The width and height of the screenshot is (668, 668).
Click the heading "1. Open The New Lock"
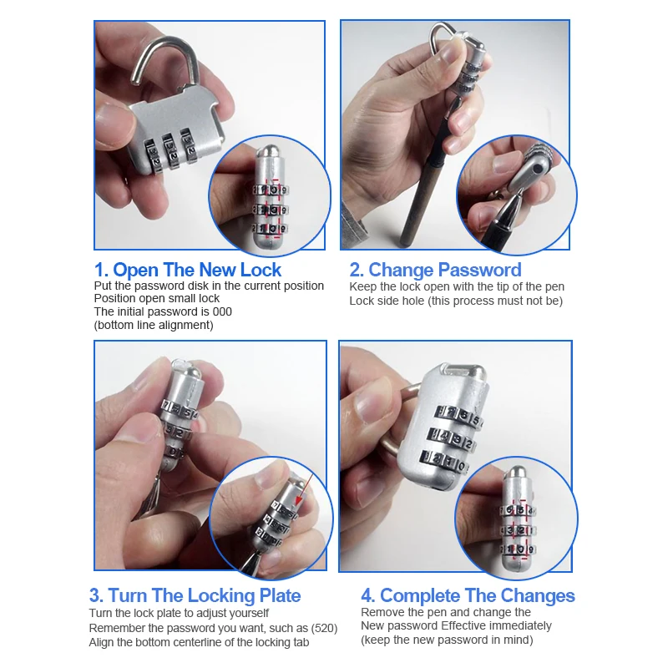pos(187,270)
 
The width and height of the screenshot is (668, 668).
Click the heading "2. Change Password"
pos(435,270)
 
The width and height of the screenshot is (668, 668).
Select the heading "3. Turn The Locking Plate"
pos(195,595)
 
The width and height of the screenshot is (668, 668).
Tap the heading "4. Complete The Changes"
pos(468,595)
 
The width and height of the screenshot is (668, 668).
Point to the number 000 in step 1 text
pos(222,311)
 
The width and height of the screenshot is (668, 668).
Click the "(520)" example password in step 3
pos(324,629)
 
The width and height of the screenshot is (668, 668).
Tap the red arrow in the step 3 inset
pos(305,490)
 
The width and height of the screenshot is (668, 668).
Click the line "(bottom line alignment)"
pos(154,325)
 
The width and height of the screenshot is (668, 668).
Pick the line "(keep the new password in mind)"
pos(447,640)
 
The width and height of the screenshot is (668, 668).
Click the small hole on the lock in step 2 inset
pos(538,170)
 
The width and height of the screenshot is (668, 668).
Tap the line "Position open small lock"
pos(157,298)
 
